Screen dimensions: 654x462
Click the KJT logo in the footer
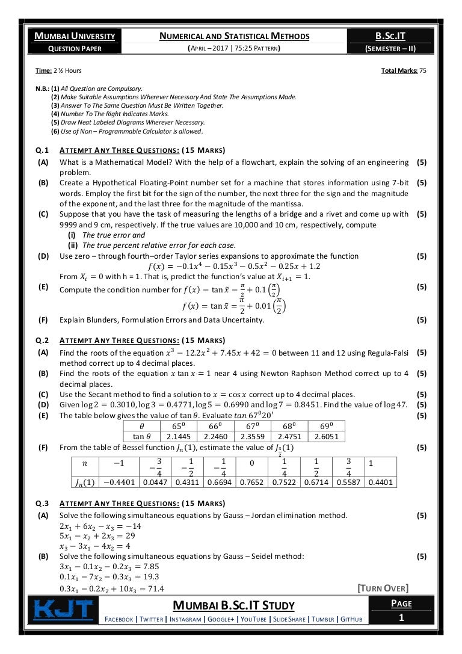click(x=63, y=609)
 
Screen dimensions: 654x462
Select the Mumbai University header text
click(x=75, y=36)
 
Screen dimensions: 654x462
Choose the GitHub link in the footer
click(x=351, y=619)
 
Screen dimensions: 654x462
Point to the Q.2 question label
click(x=43, y=340)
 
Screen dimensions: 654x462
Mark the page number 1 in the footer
click(x=400, y=617)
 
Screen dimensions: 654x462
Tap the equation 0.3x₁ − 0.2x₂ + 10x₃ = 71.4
click(x=112, y=588)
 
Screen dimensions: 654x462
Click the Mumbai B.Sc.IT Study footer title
click(x=234, y=605)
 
